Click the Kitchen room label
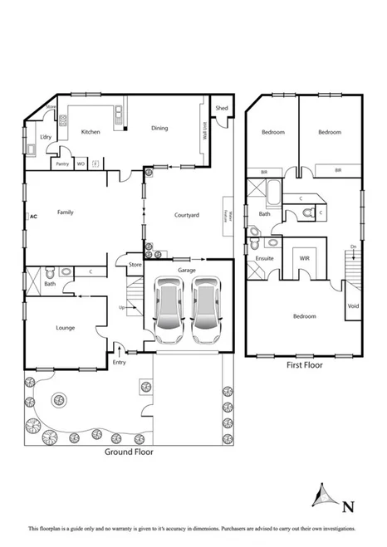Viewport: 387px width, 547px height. point(91,131)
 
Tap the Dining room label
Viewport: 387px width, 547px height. point(160,128)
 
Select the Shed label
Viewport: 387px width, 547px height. point(221,109)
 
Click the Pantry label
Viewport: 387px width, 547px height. point(62,164)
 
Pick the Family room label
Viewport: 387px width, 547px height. point(65,212)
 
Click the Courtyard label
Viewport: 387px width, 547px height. point(187,215)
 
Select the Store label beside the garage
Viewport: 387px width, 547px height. point(135,266)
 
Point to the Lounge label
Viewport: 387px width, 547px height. point(65,327)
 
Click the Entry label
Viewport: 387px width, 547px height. point(120,362)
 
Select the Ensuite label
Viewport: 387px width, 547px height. point(265,258)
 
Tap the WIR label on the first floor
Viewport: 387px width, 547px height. point(304,258)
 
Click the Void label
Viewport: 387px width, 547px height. point(354,306)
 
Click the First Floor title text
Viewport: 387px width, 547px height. point(304,364)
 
